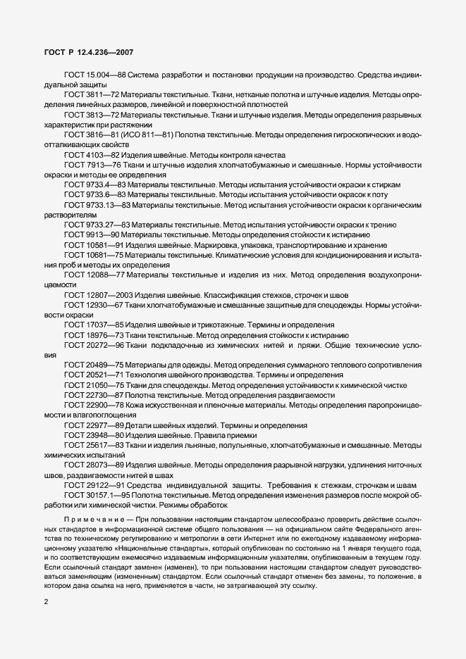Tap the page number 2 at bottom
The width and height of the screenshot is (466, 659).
point(46,603)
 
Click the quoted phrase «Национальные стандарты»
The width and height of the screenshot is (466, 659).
point(145,548)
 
